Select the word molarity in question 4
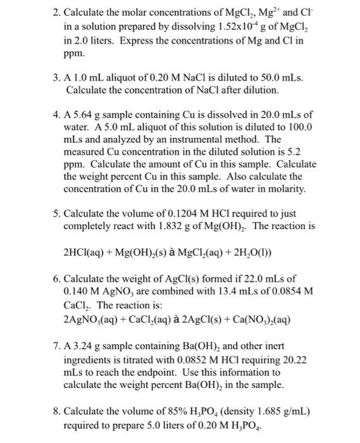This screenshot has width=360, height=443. tap(283, 189)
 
